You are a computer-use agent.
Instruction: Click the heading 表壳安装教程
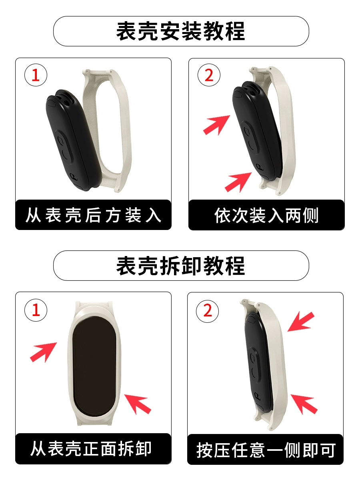(180, 31)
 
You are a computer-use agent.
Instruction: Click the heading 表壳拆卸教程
(180, 266)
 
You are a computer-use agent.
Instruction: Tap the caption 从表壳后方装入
(93, 215)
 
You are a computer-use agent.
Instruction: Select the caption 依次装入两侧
(266, 215)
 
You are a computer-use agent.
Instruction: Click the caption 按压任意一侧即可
(266, 450)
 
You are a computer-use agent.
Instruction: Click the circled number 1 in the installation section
(36, 75)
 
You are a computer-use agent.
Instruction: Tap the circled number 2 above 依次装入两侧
(209, 75)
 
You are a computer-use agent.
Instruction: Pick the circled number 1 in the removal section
(36, 310)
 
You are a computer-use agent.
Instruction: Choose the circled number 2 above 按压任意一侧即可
(207, 311)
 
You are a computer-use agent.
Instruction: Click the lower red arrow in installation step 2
(238, 182)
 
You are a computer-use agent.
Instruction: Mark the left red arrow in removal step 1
(43, 352)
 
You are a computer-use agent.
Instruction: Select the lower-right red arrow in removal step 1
(138, 404)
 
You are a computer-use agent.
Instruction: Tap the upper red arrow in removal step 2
(301, 322)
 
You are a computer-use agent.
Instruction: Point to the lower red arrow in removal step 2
(304, 404)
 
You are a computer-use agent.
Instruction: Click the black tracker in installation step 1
(73, 140)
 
